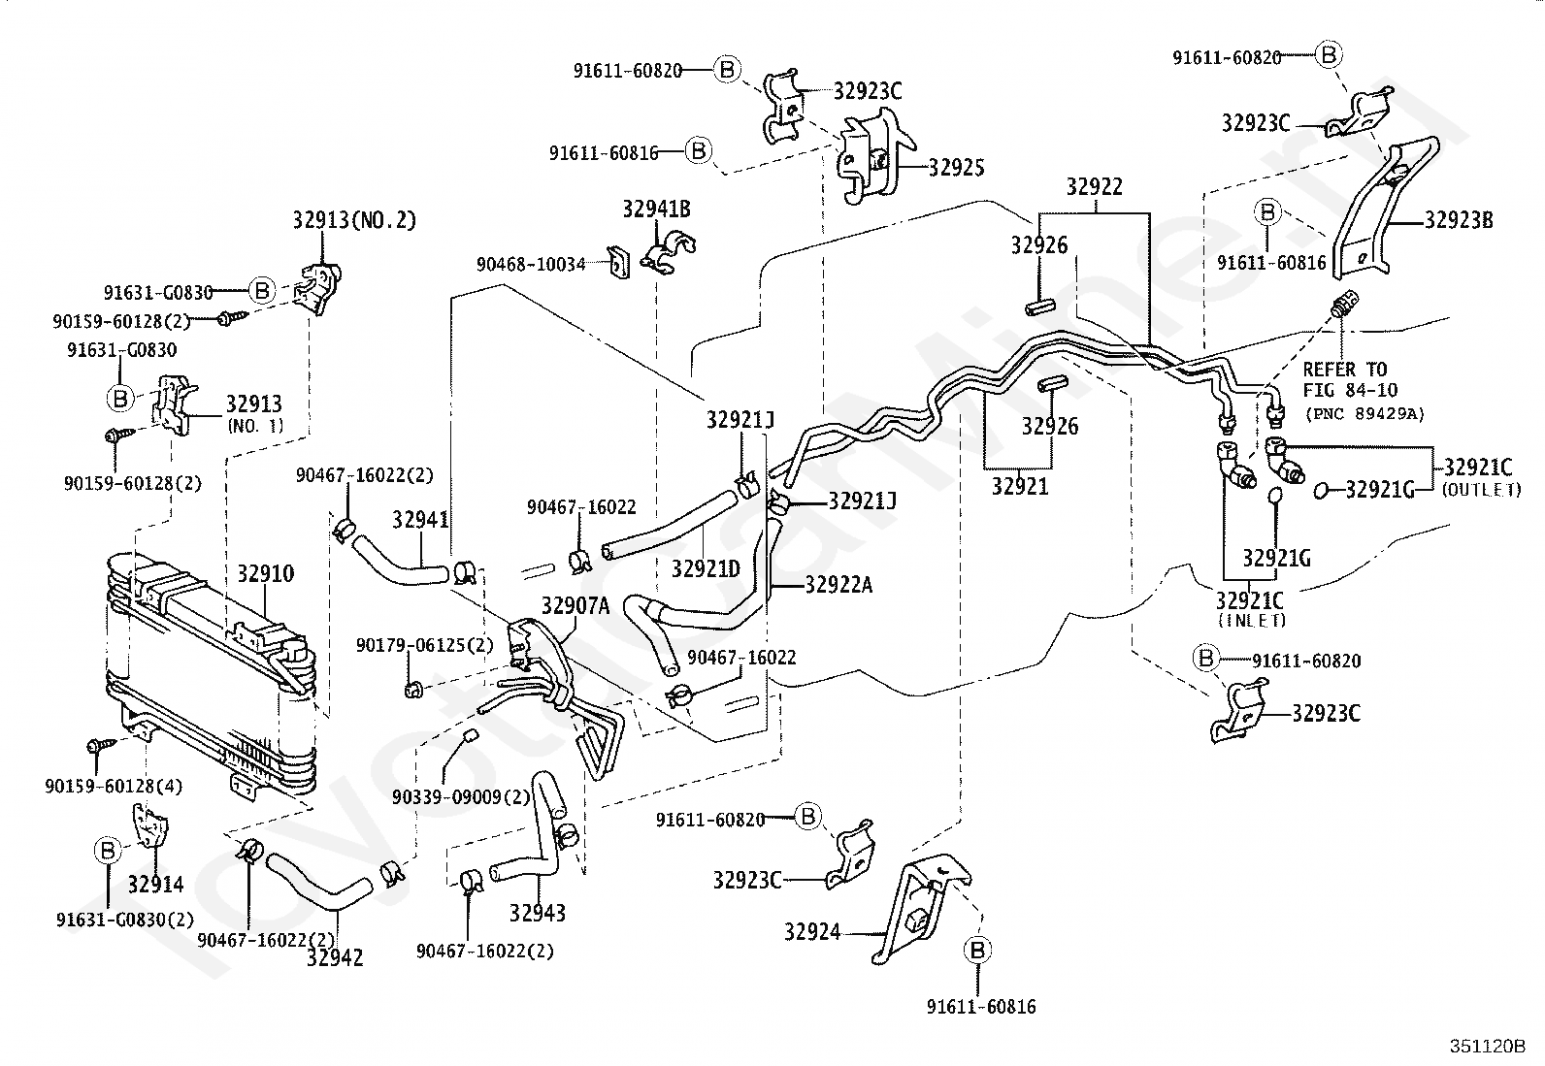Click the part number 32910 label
coord(266,573)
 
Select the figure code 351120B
coord(1487,1046)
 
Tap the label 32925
coord(956,168)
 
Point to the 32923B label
coord(1459,220)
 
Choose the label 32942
coord(335,957)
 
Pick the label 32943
coord(538,913)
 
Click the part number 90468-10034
coord(531,264)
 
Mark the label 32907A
coord(575,606)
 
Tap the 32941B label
coord(657,209)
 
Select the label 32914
coord(156,884)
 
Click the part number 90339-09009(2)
coord(461,797)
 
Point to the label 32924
coord(812,932)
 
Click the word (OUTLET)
coord(1482,490)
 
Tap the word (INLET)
coord(1252,621)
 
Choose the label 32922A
coord(838,585)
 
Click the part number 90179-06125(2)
coord(425,645)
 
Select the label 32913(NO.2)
coord(354,220)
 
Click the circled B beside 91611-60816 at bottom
coord(977,951)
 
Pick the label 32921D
coord(706,568)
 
